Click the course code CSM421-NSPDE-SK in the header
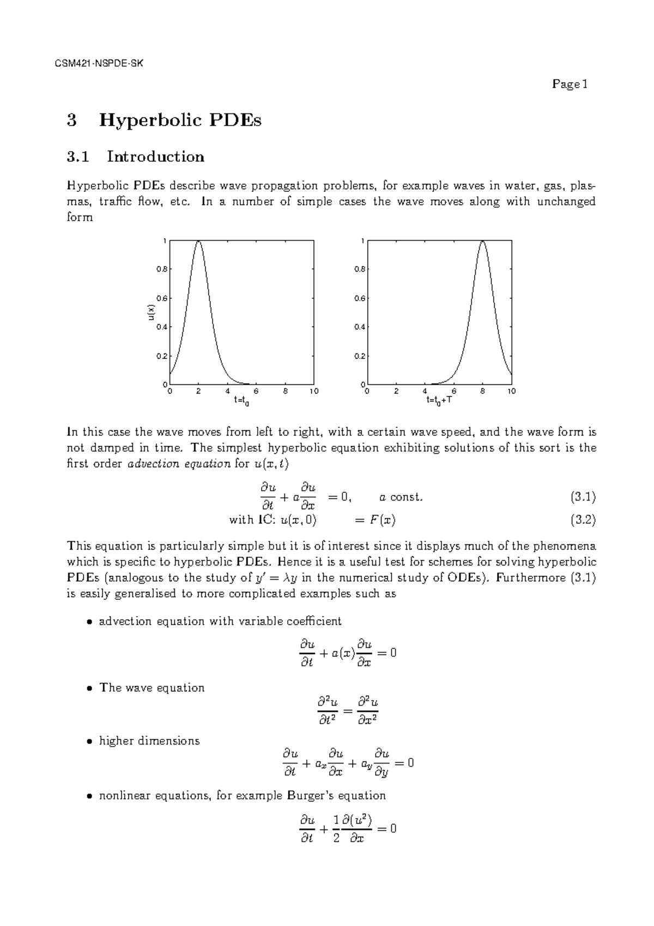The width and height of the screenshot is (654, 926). point(99,63)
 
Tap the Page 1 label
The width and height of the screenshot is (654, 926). point(569,84)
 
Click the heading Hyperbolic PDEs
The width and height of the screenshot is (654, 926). point(180,120)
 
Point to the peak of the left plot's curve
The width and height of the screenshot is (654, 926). point(198,241)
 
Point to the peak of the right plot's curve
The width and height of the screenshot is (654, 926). point(482,241)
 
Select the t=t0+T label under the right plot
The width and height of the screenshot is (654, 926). point(439,400)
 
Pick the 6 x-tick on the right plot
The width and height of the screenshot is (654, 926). point(453,392)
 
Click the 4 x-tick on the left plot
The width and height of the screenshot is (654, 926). point(227,392)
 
